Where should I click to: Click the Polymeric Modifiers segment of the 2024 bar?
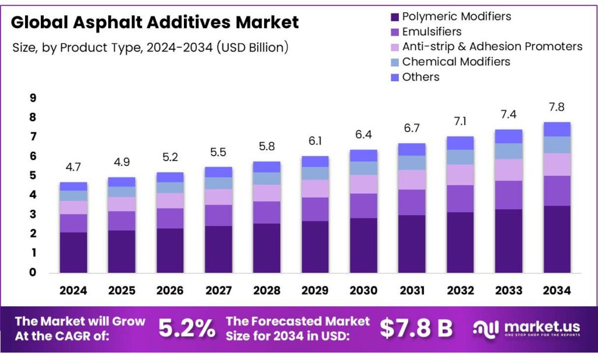pos(73,252)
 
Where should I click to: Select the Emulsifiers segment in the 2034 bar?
pos(557,191)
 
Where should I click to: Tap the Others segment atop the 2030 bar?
pos(363,155)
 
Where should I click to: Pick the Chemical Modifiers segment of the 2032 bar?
pos(460,157)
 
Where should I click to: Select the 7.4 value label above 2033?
pos(508,115)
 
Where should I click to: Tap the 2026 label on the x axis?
pos(170,290)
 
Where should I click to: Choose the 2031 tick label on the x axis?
pos(412,290)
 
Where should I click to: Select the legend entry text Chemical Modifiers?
pos(456,61)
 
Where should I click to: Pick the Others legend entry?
pos(420,77)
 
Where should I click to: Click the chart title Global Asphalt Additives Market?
pos(155,23)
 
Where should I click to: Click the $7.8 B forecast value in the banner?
pos(416,328)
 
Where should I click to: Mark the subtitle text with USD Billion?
pos(150,48)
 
